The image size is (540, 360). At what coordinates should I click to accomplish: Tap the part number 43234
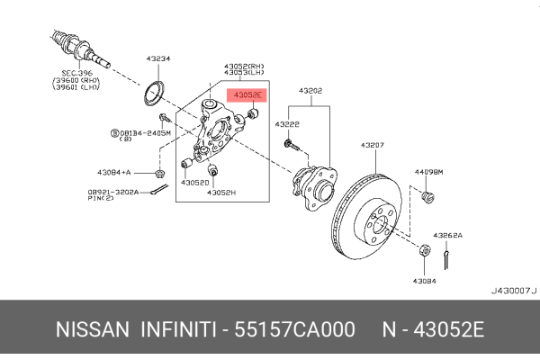point(158,59)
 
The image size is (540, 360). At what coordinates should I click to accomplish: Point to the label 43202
point(310,91)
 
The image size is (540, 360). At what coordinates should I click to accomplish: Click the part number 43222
point(288,123)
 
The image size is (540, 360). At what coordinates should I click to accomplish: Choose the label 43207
point(373,145)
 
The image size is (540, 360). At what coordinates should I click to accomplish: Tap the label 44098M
point(427,171)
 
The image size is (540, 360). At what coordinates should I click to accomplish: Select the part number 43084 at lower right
point(425,281)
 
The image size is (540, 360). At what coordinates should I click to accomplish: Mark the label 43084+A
point(115,171)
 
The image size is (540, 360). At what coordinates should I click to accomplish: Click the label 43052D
point(194,182)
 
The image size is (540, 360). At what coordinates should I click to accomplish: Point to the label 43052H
point(220,193)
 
